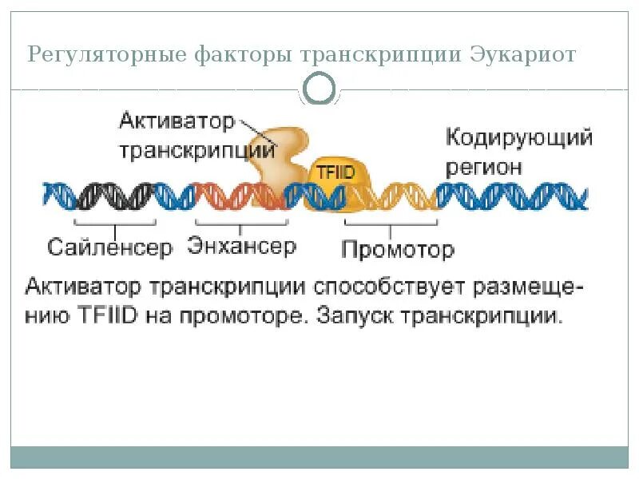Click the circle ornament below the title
point(320,89)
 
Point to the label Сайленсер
point(110,247)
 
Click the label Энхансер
point(242,247)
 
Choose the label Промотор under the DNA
point(398,249)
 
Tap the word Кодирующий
point(518,139)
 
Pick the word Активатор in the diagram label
point(177,122)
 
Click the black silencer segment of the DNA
point(112,196)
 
